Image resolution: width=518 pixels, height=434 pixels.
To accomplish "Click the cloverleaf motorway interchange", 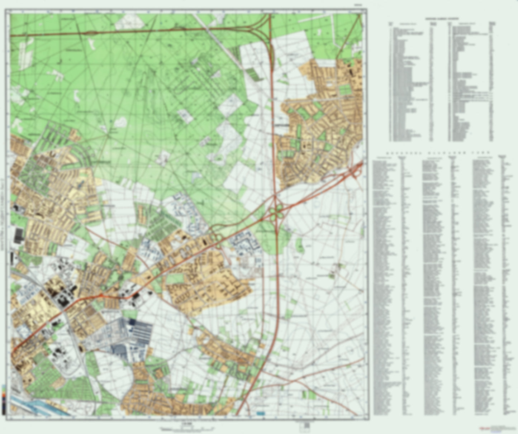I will pos(276,211).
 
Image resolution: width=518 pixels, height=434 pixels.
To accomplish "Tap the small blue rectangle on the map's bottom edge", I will pos(261,413).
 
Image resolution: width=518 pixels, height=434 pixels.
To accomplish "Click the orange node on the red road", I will pos(101,295).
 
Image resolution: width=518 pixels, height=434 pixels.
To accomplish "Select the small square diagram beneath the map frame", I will pos(307,425).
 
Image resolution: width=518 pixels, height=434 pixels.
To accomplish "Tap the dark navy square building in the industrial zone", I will pos(133,322).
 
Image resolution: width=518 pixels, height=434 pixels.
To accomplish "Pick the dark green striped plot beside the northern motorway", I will pos(253,73).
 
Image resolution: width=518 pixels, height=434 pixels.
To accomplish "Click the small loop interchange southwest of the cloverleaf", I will pos(215,237).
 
